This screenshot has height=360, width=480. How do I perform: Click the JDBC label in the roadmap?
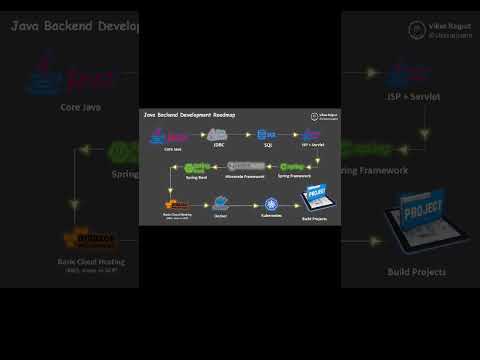click(x=218, y=146)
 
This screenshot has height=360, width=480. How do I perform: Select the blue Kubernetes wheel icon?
click(x=271, y=203)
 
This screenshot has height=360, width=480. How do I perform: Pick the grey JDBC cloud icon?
click(x=218, y=135)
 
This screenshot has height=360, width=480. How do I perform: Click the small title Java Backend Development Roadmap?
click(x=189, y=115)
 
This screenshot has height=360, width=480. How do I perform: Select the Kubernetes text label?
click(x=271, y=215)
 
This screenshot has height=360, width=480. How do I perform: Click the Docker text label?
click(x=220, y=215)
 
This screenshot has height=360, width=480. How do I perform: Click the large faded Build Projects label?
click(x=416, y=271)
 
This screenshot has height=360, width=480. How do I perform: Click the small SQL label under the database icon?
click(x=268, y=146)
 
